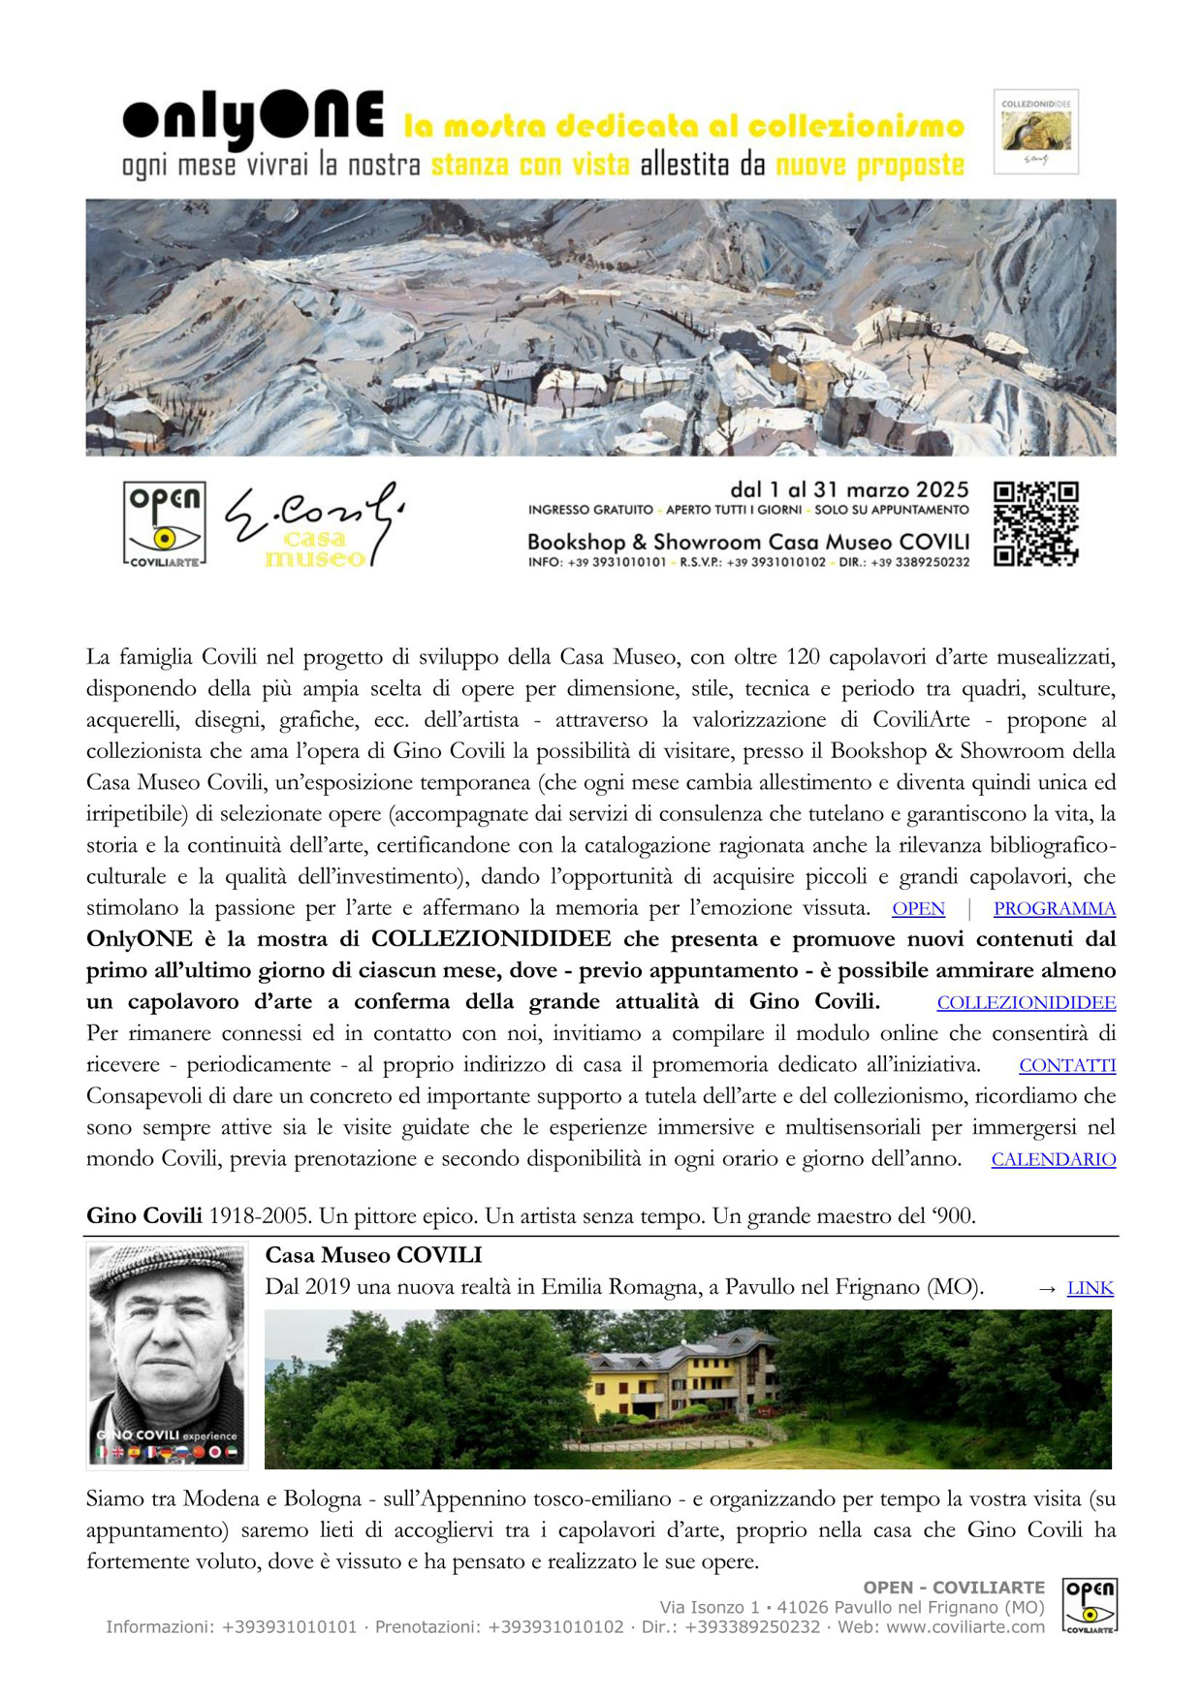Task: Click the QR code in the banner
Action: [x=1035, y=523]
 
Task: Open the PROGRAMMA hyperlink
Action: [x=1054, y=908]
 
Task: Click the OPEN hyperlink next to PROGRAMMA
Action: [x=918, y=908]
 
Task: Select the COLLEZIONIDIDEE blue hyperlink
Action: [x=1026, y=1002]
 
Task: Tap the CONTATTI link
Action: [x=1067, y=1065]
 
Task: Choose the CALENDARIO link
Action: [x=1053, y=1159]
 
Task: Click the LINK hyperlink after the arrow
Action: [x=1090, y=1288]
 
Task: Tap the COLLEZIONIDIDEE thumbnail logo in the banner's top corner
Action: [x=1035, y=132]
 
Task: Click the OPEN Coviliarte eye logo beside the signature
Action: [x=164, y=524]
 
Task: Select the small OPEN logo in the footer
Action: [x=1090, y=1606]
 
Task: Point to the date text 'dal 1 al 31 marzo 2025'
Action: [x=849, y=489]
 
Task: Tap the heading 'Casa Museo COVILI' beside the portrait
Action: [x=373, y=1255]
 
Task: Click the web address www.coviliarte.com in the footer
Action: [x=965, y=1626]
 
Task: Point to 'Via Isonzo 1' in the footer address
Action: [x=710, y=1607]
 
